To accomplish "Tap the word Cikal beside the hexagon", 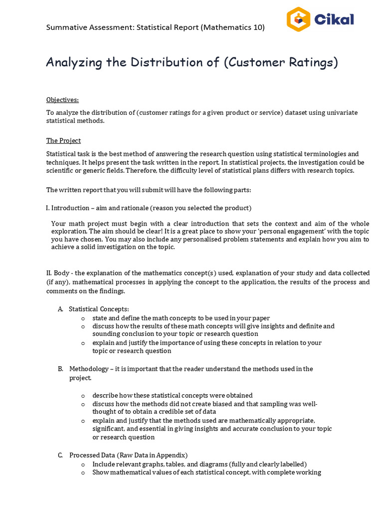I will [334, 20].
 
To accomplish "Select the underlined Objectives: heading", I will [62, 100].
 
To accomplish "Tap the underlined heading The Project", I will [63, 141].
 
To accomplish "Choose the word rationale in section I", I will [134, 208].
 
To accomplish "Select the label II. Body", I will [58, 273].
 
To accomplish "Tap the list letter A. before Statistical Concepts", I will [60, 309].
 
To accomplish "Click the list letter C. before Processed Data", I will [60, 455].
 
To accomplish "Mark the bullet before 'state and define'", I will [83, 318].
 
